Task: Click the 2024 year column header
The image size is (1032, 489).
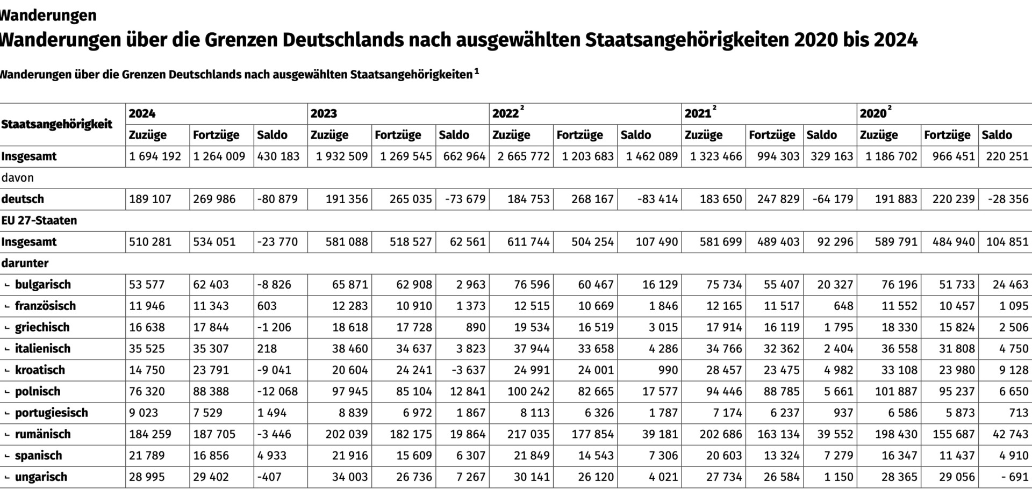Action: coord(142,113)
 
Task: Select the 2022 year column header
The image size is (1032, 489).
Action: coord(506,113)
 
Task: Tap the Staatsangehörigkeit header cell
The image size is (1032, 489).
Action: coord(57,124)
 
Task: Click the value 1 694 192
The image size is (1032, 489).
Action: coord(155,156)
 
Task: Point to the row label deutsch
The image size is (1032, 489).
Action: coord(23,199)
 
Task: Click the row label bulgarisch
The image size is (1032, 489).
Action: coord(43,284)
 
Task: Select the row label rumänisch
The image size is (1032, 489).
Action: coord(43,434)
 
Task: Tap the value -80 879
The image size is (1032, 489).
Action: coord(277,199)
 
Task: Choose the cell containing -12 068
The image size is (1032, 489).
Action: coord(277,391)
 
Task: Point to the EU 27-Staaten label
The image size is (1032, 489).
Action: coord(39,220)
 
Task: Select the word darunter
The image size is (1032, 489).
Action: coord(25,263)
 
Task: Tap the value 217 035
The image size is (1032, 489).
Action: coord(528,434)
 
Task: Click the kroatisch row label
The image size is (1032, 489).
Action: coord(40,370)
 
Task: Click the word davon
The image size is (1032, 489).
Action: coord(18,177)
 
